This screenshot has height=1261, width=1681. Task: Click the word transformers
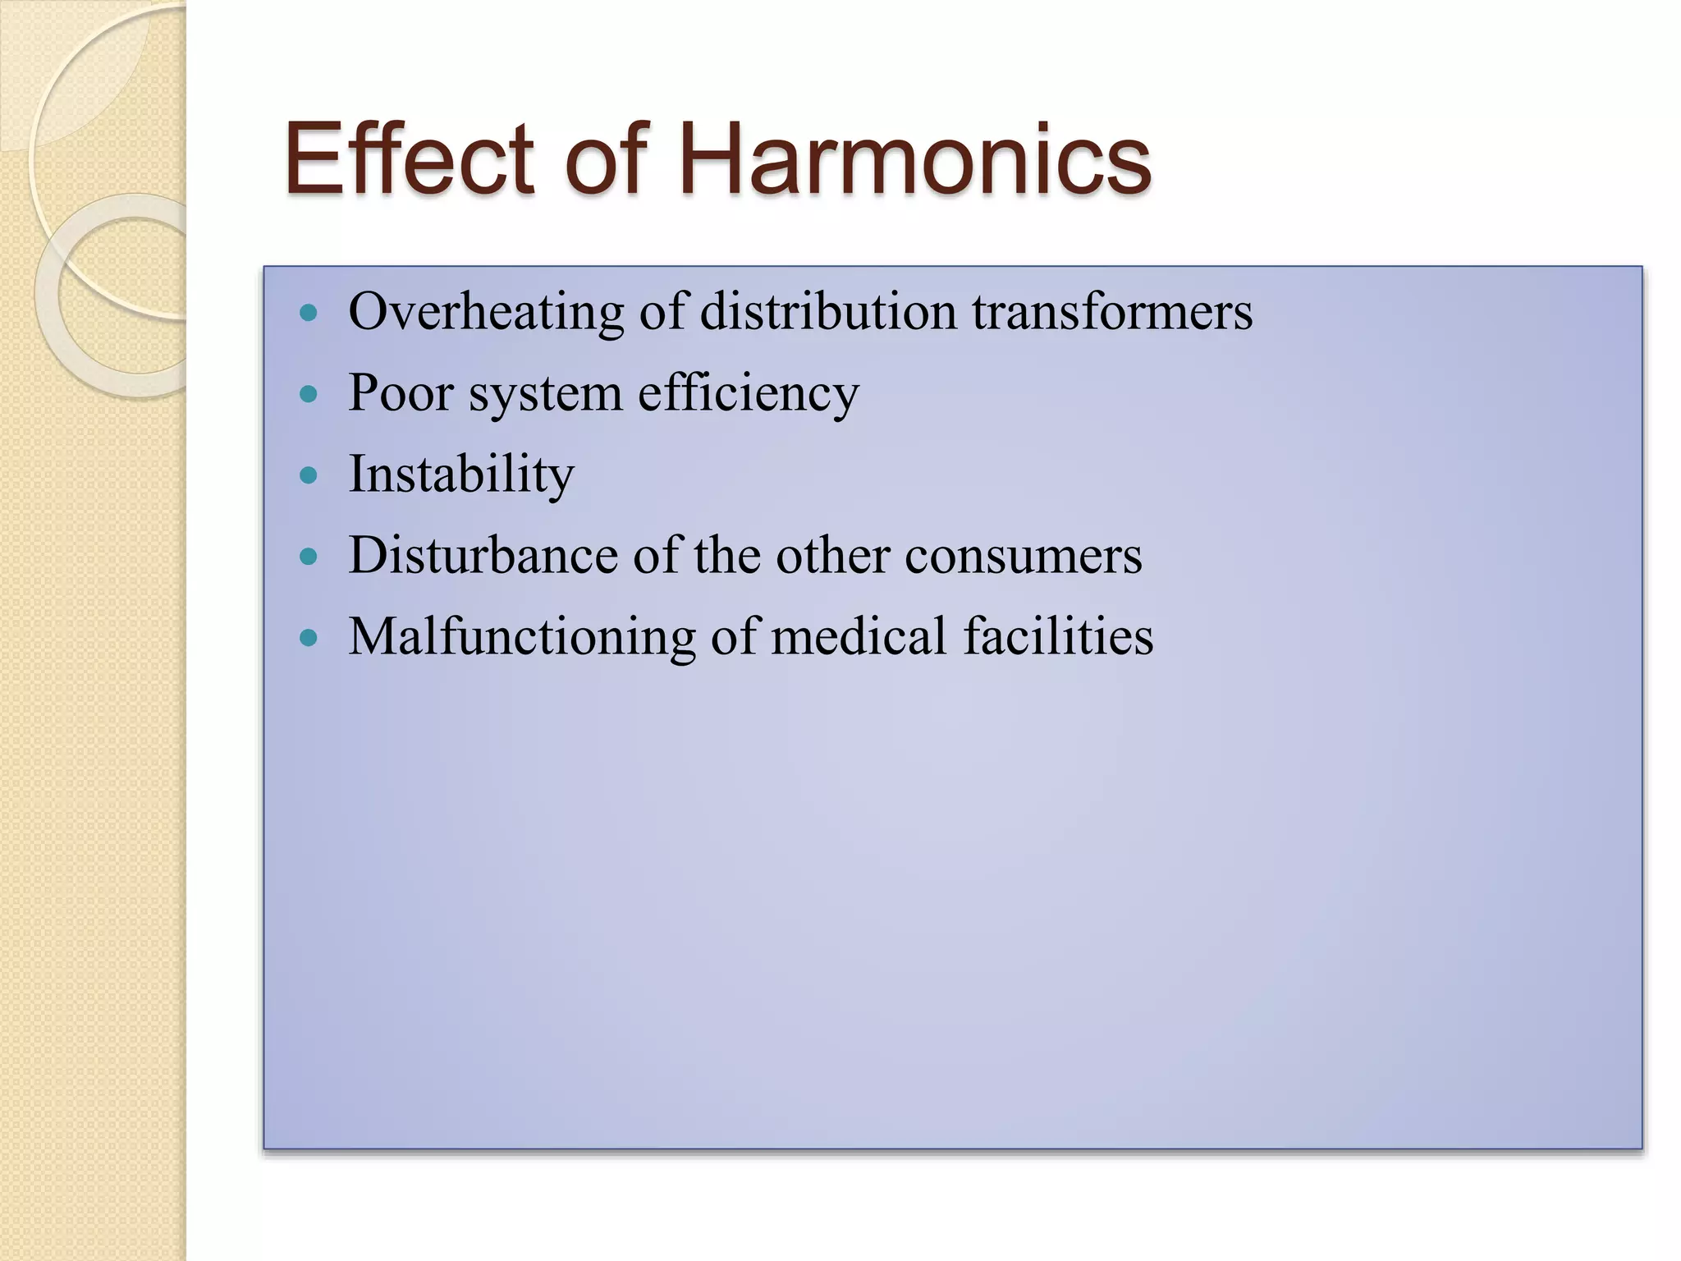tap(1112, 312)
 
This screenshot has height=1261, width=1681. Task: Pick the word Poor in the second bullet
tap(401, 392)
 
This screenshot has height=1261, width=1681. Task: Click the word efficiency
tap(748, 394)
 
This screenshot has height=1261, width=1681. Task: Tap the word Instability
tap(461, 475)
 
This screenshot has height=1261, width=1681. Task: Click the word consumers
tap(1023, 557)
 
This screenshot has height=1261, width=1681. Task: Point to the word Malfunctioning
tap(522, 637)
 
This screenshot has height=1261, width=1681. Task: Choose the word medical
tap(859, 636)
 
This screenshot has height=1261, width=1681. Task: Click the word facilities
tap(1058, 636)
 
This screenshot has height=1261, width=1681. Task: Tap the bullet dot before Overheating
tap(309, 313)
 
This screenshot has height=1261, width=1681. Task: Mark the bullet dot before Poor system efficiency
tap(309, 394)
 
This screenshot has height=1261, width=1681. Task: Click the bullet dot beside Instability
tap(309, 475)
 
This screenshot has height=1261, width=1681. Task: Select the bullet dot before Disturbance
tap(309, 557)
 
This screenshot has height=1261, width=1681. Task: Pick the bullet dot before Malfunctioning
tap(309, 638)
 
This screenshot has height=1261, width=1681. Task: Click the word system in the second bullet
tap(545, 394)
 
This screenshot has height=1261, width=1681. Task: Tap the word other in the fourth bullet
tap(832, 555)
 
